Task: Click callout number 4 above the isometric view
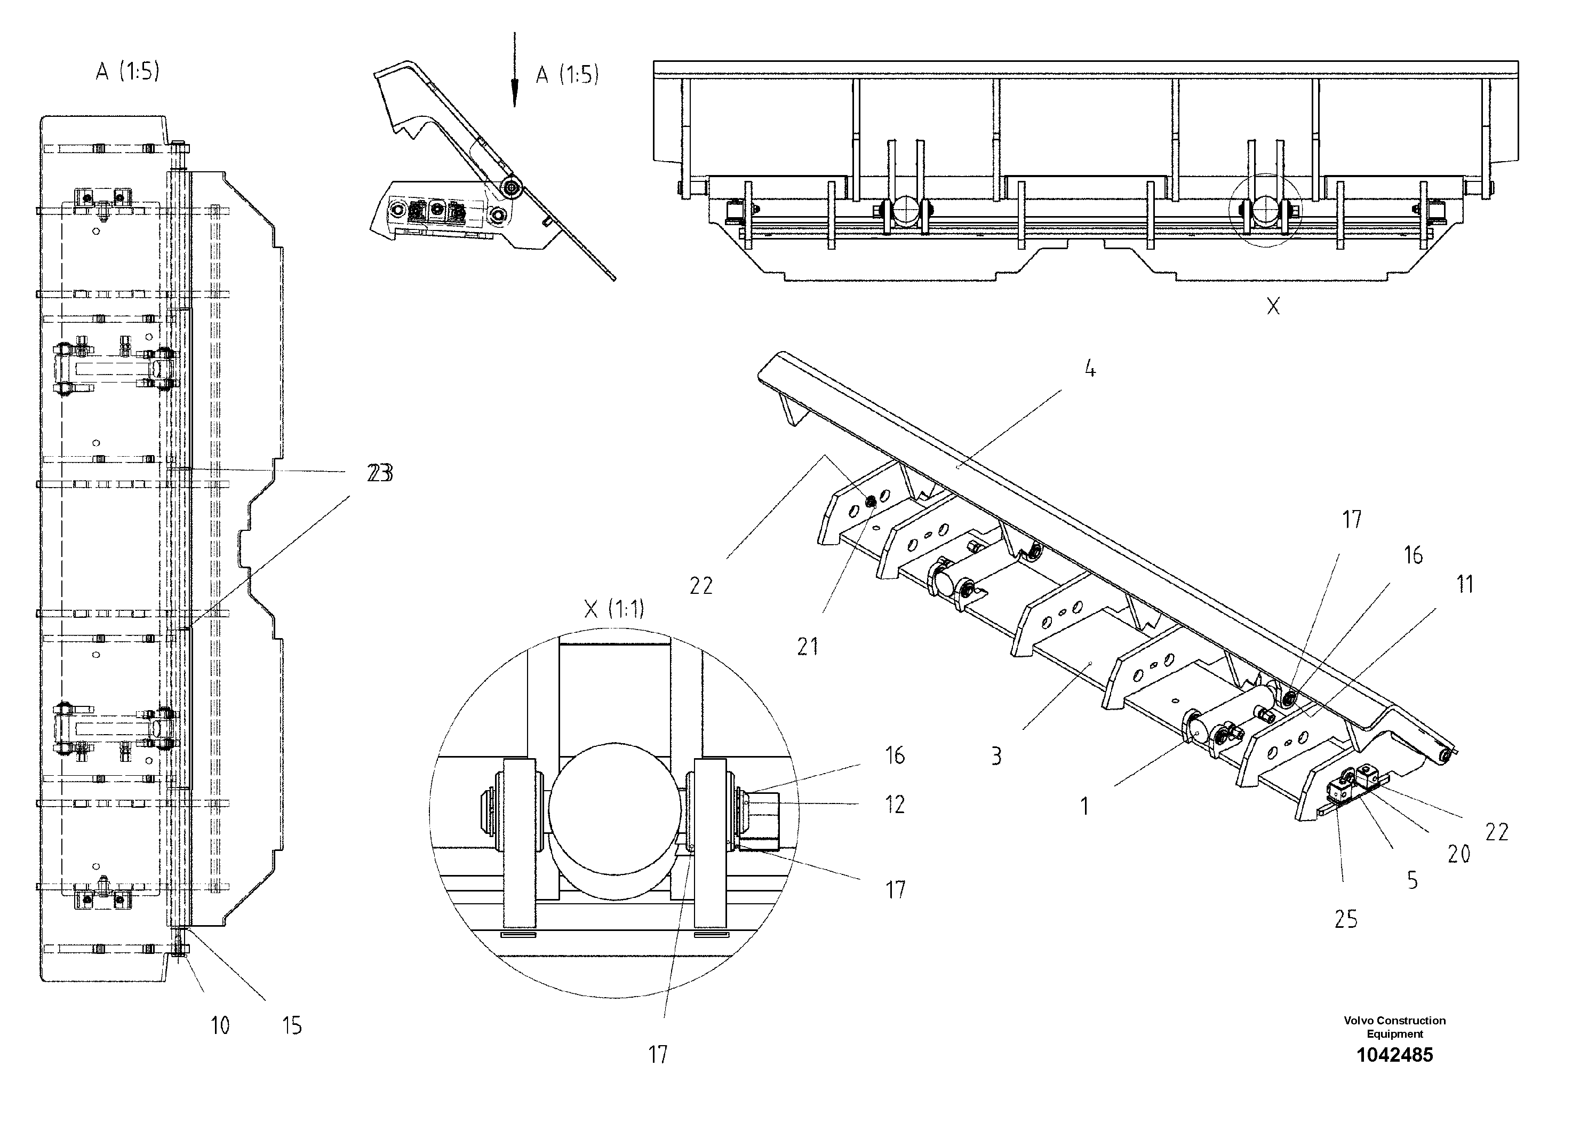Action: point(1090,370)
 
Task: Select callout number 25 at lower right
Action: point(1346,919)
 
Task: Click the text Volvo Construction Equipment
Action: point(1394,1026)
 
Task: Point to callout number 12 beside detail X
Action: point(895,805)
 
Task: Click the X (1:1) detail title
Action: point(613,609)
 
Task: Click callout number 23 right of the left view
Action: point(380,474)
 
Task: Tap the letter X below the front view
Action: point(1273,306)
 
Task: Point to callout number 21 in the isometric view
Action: point(807,647)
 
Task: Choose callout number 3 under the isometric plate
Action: point(996,756)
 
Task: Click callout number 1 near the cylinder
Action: point(1084,806)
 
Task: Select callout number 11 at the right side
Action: point(1465,585)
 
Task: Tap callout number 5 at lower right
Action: point(1413,881)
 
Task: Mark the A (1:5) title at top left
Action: point(127,71)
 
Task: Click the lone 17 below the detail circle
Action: point(658,1054)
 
